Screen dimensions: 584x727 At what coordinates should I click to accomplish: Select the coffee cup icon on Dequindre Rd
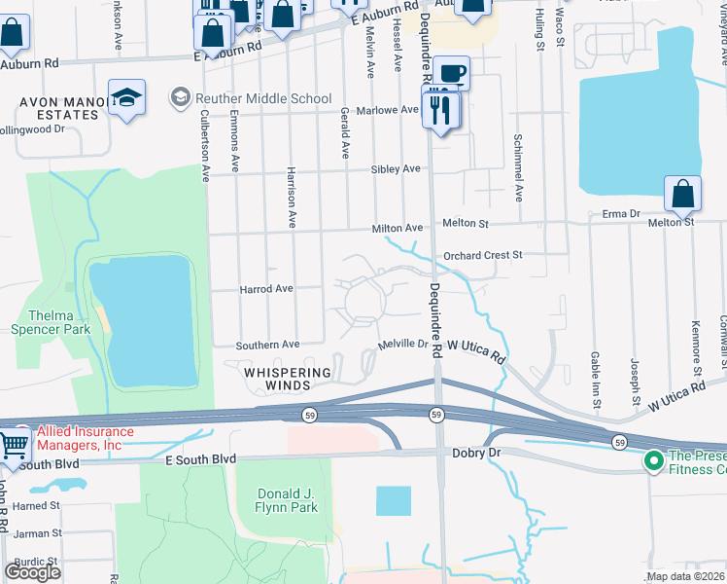450,74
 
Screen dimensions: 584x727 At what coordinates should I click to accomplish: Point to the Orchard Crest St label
482,255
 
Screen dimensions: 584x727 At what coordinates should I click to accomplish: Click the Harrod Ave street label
265,289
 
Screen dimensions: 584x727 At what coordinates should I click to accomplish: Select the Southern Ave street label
267,345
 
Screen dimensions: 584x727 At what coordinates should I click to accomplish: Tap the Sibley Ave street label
396,168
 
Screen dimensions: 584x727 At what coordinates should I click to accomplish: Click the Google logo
32,571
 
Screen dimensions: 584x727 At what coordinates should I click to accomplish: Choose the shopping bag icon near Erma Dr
682,195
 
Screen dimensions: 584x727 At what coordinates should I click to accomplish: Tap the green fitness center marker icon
653,458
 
